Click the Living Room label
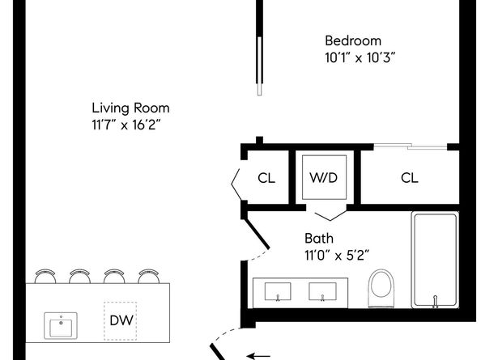[x=130, y=108]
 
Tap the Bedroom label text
[x=352, y=41]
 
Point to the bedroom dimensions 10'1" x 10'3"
[x=360, y=57]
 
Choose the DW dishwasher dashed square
[x=120, y=320]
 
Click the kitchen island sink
[x=59, y=328]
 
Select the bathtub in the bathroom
[x=435, y=259]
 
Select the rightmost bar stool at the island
[x=147, y=276]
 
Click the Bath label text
[x=317, y=239]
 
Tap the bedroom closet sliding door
[x=410, y=146]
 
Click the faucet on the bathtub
[x=435, y=302]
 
